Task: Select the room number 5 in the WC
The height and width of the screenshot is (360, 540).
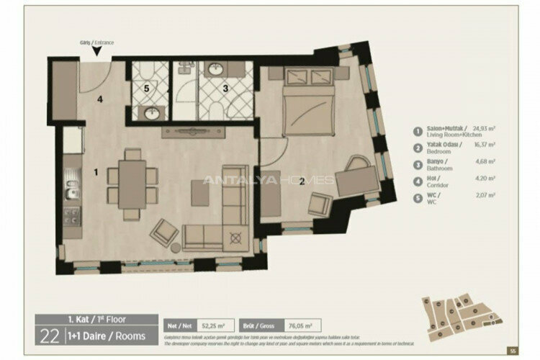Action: coord(146,89)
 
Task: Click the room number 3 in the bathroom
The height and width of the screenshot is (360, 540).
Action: coord(225,89)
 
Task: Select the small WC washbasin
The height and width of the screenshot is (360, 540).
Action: coord(152,114)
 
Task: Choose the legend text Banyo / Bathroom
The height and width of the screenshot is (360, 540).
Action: coord(442,165)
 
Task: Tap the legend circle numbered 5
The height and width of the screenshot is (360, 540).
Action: coord(417,197)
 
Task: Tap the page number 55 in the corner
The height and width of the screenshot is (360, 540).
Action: coord(513,351)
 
